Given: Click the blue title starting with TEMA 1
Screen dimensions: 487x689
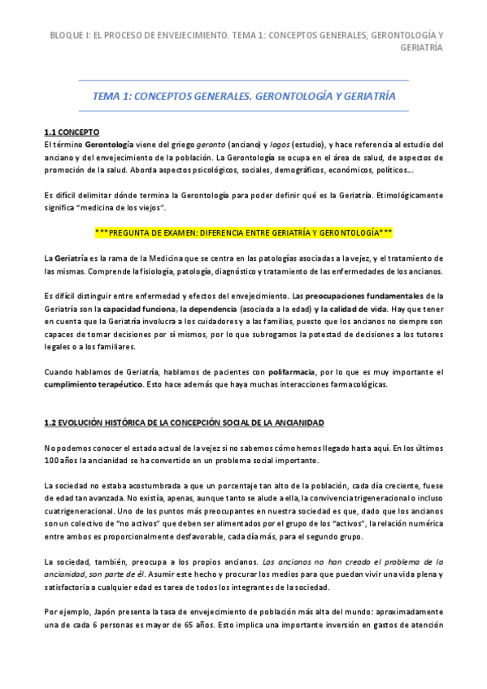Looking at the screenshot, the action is (x=244, y=96).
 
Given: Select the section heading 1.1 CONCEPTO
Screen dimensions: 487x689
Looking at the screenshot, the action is (x=72, y=131).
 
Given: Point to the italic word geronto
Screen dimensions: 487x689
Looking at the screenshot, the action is (x=211, y=145).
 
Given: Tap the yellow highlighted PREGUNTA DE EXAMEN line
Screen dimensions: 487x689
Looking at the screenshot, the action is (x=244, y=232).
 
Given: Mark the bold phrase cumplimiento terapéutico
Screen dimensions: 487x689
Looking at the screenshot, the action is (x=93, y=384).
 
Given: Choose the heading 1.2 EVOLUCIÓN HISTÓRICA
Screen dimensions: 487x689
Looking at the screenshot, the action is (x=184, y=423).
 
